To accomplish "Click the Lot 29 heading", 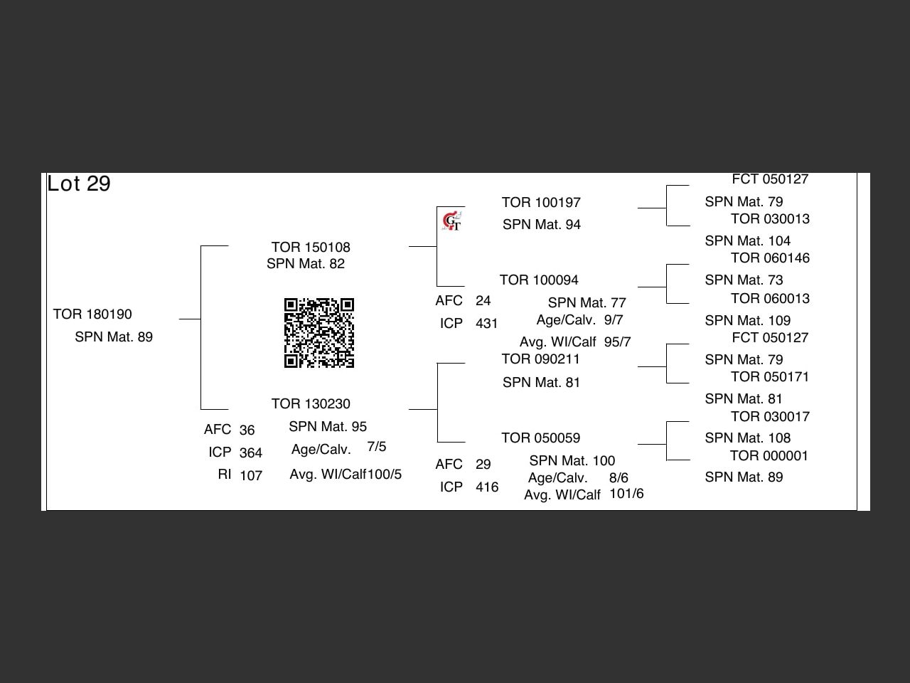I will tap(79, 184).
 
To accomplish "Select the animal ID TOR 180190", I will tap(92, 314).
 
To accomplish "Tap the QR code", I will tap(319, 333).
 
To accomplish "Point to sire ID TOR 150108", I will tap(311, 248).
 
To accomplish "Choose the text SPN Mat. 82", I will tap(306, 264).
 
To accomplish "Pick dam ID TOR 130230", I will tap(311, 404).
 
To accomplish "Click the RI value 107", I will tap(251, 475).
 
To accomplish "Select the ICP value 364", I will tap(251, 452).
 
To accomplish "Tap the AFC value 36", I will tap(247, 430).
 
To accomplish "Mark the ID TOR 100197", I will tap(541, 203).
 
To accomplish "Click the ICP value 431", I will tap(487, 324).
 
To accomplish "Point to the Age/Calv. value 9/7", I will tap(614, 320).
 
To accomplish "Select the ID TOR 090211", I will tap(540, 359).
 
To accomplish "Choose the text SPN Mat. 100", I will tap(572, 461).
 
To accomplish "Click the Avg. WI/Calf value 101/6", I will tap(626, 494).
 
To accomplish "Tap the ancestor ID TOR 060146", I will tap(770, 258).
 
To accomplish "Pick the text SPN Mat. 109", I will tap(748, 321).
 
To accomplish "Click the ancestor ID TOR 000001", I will tap(769, 456).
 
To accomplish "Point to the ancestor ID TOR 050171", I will tap(770, 377).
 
